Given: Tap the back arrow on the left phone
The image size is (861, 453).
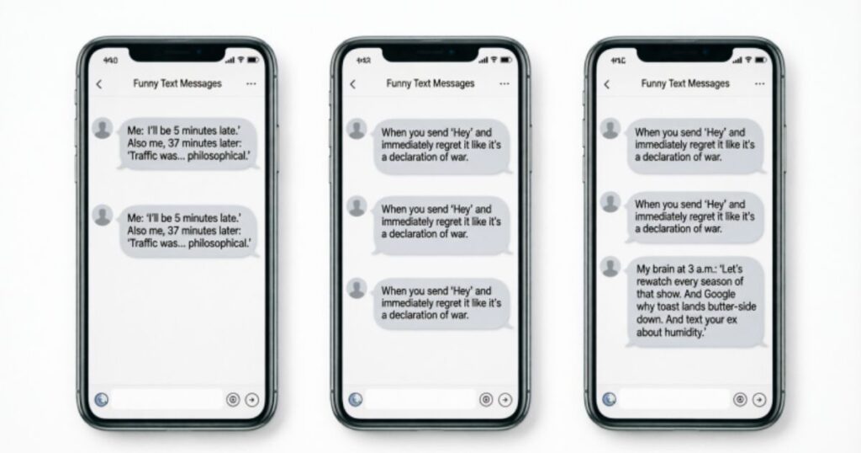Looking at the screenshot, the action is tap(99, 84).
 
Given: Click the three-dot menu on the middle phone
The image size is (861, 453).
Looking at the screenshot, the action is tap(504, 83).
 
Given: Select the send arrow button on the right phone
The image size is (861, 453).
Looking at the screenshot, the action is tap(759, 400).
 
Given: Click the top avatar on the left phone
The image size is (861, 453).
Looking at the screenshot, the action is tap(103, 128).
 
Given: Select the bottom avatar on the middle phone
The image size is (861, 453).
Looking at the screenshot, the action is tap(357, 288).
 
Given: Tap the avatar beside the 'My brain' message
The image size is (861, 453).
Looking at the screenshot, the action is tap(610, 267).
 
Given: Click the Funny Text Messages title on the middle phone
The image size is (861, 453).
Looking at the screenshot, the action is tap(430, 83).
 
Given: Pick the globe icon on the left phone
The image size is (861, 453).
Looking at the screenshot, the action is tap(102, 400).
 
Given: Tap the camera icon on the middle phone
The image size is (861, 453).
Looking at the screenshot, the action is tap(486, 400).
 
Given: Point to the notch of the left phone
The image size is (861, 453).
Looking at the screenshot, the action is tap(177, 53).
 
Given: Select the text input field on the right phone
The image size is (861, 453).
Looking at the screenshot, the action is tap(675, 400).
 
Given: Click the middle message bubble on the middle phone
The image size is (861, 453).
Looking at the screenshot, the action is tap(441, 225).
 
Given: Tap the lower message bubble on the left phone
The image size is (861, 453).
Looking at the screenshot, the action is tap(188, 231).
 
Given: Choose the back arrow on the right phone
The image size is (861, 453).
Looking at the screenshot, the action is tap(607, 84).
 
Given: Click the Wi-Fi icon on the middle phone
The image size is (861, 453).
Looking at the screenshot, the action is tap(494, 60).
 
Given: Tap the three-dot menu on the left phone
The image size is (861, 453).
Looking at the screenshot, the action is tap(251, 83).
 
